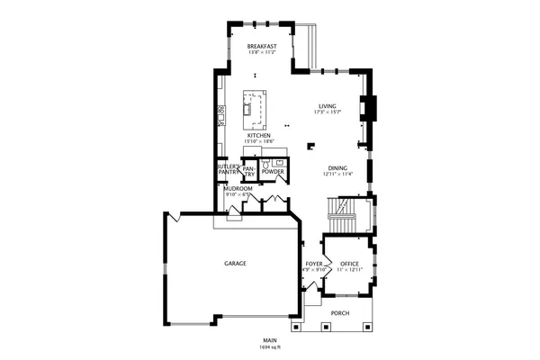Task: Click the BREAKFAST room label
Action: pos(261,46)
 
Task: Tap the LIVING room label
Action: pos(327,106)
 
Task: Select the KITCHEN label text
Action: pos(258,136)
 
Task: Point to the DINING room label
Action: pos(337,167)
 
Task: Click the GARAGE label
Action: pos(235,263)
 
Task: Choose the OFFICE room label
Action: pos(349,264)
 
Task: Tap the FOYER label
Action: pos(314,264)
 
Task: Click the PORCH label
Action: pos(340,313)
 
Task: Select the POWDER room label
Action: pos(273,171)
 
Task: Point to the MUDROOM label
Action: pos(238,188)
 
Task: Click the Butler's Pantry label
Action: pos(227,168)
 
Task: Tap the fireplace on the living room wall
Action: pos(365,107)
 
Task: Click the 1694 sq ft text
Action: pos(270,346)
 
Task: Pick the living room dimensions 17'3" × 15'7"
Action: pos(327,112)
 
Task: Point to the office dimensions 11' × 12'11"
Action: pos(349,270)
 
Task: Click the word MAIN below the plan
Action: pos(270,340)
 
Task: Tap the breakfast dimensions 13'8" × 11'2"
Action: pos(261,52)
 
